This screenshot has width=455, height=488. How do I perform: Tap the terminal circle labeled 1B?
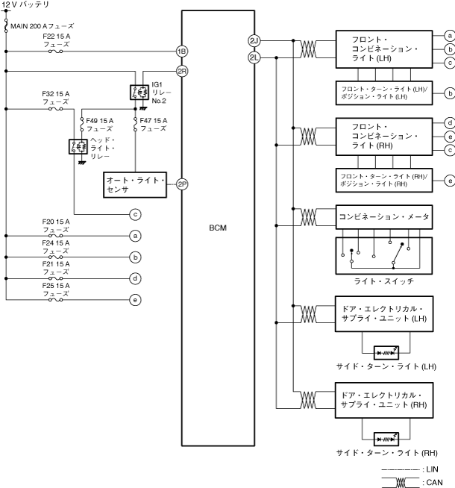(x=181, y=51)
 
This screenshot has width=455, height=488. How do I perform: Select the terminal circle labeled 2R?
(x=181, y=71)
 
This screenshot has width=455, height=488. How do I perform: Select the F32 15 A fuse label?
(x=56, y=98)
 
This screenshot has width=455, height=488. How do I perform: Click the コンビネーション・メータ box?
(x=384, y=216)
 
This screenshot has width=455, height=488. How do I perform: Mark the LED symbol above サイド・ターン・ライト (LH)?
(x=384, y=348)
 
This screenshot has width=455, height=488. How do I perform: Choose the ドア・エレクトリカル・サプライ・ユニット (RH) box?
(x=384, y=400)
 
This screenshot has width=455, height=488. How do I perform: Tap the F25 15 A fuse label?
(x=56, y=289)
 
